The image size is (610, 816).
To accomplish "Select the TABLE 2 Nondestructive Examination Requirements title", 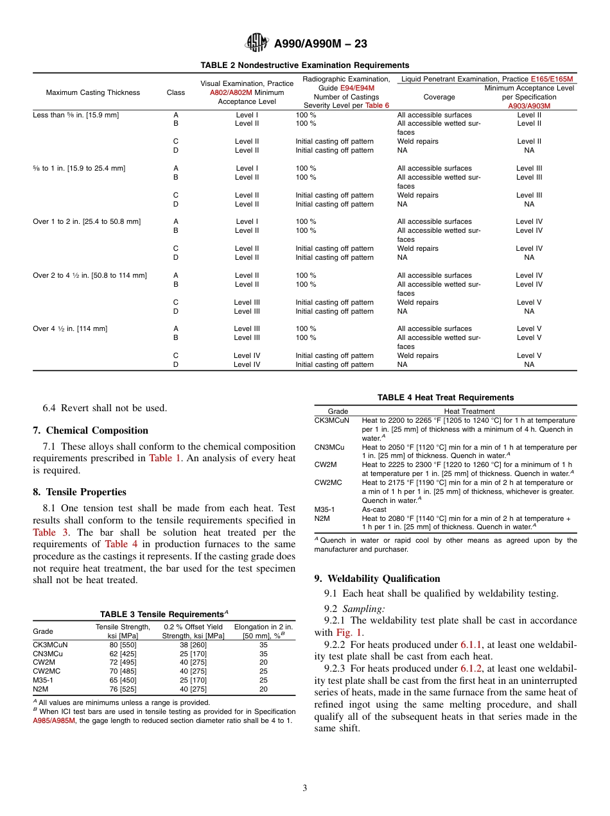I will point(305,65).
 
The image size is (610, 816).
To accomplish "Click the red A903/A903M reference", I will point(529,106).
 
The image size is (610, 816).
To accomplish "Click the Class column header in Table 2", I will point(175,92).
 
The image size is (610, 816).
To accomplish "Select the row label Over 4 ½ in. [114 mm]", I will point(70,328).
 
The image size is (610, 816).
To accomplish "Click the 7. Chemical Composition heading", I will point(91,430).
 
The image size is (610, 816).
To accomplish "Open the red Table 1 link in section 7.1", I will point(165,458).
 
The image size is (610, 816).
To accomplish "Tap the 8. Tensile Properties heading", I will point(80,492).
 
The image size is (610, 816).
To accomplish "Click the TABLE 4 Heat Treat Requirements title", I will point(446,398).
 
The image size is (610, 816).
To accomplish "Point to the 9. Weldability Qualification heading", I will point(377,579).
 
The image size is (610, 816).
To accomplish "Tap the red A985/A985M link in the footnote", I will point(54,720).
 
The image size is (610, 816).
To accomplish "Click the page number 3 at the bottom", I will point(305,788).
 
